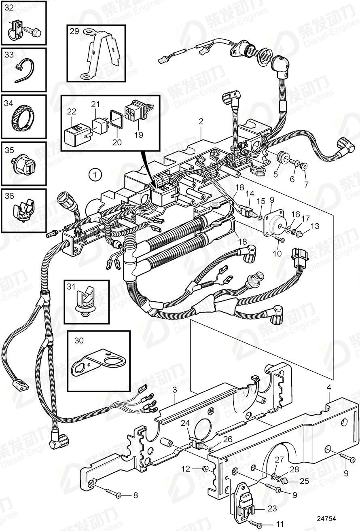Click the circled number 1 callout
(94, 175)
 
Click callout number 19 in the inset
(138, 135)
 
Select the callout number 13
(315, 226)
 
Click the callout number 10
(277, 254)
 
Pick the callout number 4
(329, 387)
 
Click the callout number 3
(174, 390)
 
